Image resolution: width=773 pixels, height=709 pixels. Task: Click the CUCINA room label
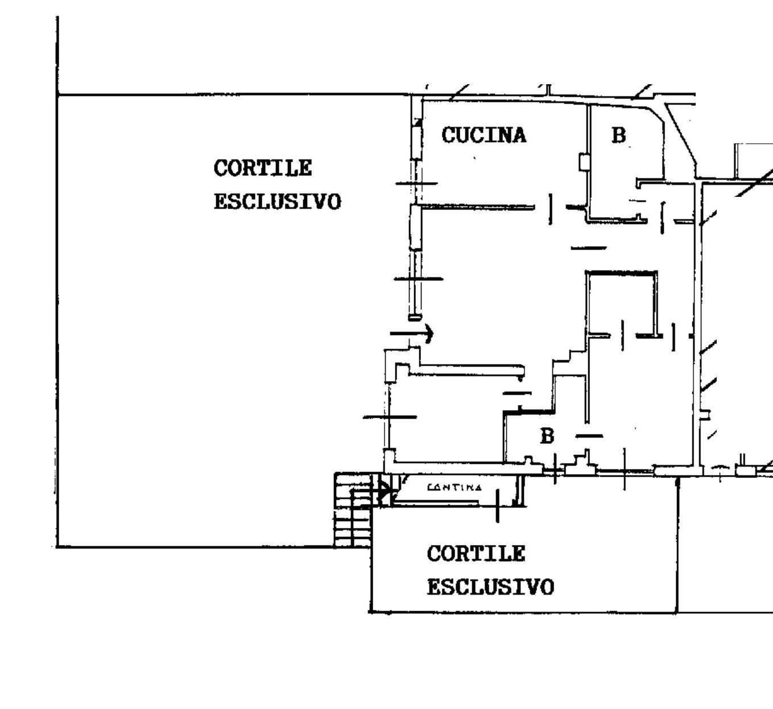pos(484,135)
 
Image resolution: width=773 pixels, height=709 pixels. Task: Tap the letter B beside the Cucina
pos(618,135)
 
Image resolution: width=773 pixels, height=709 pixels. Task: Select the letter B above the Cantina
pos(547,436)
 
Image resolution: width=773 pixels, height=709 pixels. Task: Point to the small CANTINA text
pos(454,488)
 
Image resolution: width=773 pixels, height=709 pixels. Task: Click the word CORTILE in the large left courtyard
pos(263,168)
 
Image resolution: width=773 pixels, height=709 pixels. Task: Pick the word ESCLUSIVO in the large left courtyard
pos(277,202)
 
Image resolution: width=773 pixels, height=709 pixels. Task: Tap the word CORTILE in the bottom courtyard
pos(476,554)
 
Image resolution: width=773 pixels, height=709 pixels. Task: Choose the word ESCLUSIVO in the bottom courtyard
pos(490,587)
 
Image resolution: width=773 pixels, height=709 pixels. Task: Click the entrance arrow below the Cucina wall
pos(412,333)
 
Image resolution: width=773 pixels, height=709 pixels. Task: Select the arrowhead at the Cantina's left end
pos(385,489)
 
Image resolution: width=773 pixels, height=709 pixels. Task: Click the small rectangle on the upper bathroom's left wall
pos(584,162)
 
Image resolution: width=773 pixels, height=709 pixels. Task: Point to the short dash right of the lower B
pos(589,436)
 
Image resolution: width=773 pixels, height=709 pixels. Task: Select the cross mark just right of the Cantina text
pos(498,504)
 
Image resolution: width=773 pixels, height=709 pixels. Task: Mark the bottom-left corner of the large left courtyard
pos(57,547)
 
